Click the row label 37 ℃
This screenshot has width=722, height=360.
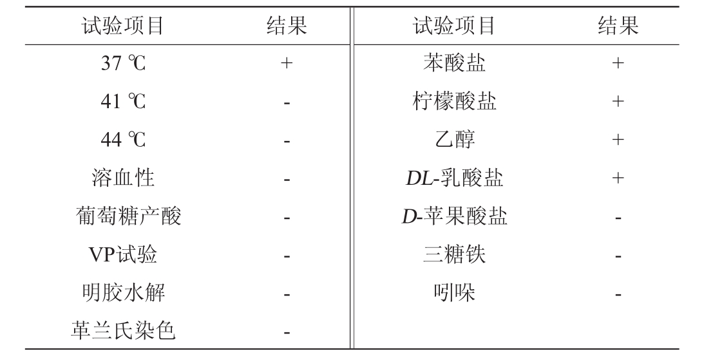[123, 64]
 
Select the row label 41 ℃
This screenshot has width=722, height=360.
[123, 102]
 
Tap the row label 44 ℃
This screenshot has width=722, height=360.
[123, 140]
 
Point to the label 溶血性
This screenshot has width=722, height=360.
[123, 178]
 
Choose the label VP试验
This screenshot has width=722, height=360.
[122, 255]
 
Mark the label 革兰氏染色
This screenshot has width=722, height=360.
[123, 331]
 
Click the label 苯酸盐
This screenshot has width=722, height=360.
[454, 63]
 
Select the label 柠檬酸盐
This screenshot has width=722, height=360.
[454, 102]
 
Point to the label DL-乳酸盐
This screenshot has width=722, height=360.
[454, 178]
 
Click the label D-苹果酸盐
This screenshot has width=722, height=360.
[454, 217]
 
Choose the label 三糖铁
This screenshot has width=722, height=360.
[454, 255]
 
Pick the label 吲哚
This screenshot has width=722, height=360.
[454, 293]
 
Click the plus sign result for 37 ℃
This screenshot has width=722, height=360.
[287, 64]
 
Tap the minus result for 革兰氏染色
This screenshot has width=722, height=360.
[287, 333]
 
